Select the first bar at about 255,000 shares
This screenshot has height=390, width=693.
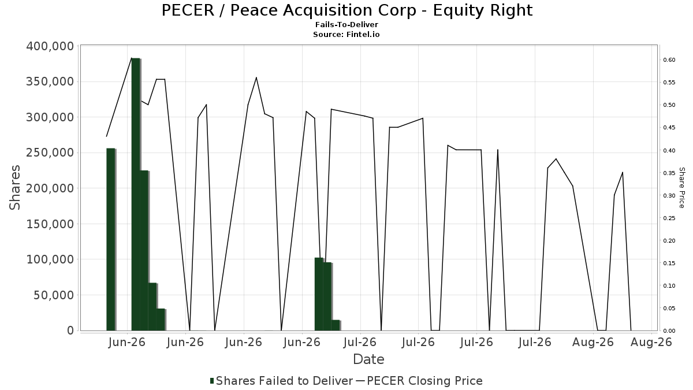pyautogui.click(x=111, y=240)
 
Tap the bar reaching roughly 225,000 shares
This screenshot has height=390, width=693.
pyautogui.click(x=144, y=251)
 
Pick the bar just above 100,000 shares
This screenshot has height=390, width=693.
pyautogui.click(x=319, y=294)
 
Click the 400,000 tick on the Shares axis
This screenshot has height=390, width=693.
pyautogui.click(x=50, y=46)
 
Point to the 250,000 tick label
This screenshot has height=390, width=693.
pyautogui.click(x=50, y=153)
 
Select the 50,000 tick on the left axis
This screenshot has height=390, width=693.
pyautogui.click(x=54, y=295)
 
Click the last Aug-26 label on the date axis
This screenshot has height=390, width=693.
pyautogui.click(x=651, y=342)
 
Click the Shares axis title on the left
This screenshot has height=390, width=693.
pyautogui.click(x=14, y=188)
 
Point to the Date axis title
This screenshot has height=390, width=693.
pyautogui.click(x=368, y=359)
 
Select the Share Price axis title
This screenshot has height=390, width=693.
pyautogui.click(x=681, y=188)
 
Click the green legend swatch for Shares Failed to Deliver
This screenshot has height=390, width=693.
pyautogui.click(x=212, y=381)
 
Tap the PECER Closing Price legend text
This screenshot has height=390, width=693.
pyautogui.click(x=424, y=381)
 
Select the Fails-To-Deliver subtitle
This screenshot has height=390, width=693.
pyautogui.click(x=346, y=24)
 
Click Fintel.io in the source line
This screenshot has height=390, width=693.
pyautogui.click(x=363, y=34)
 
